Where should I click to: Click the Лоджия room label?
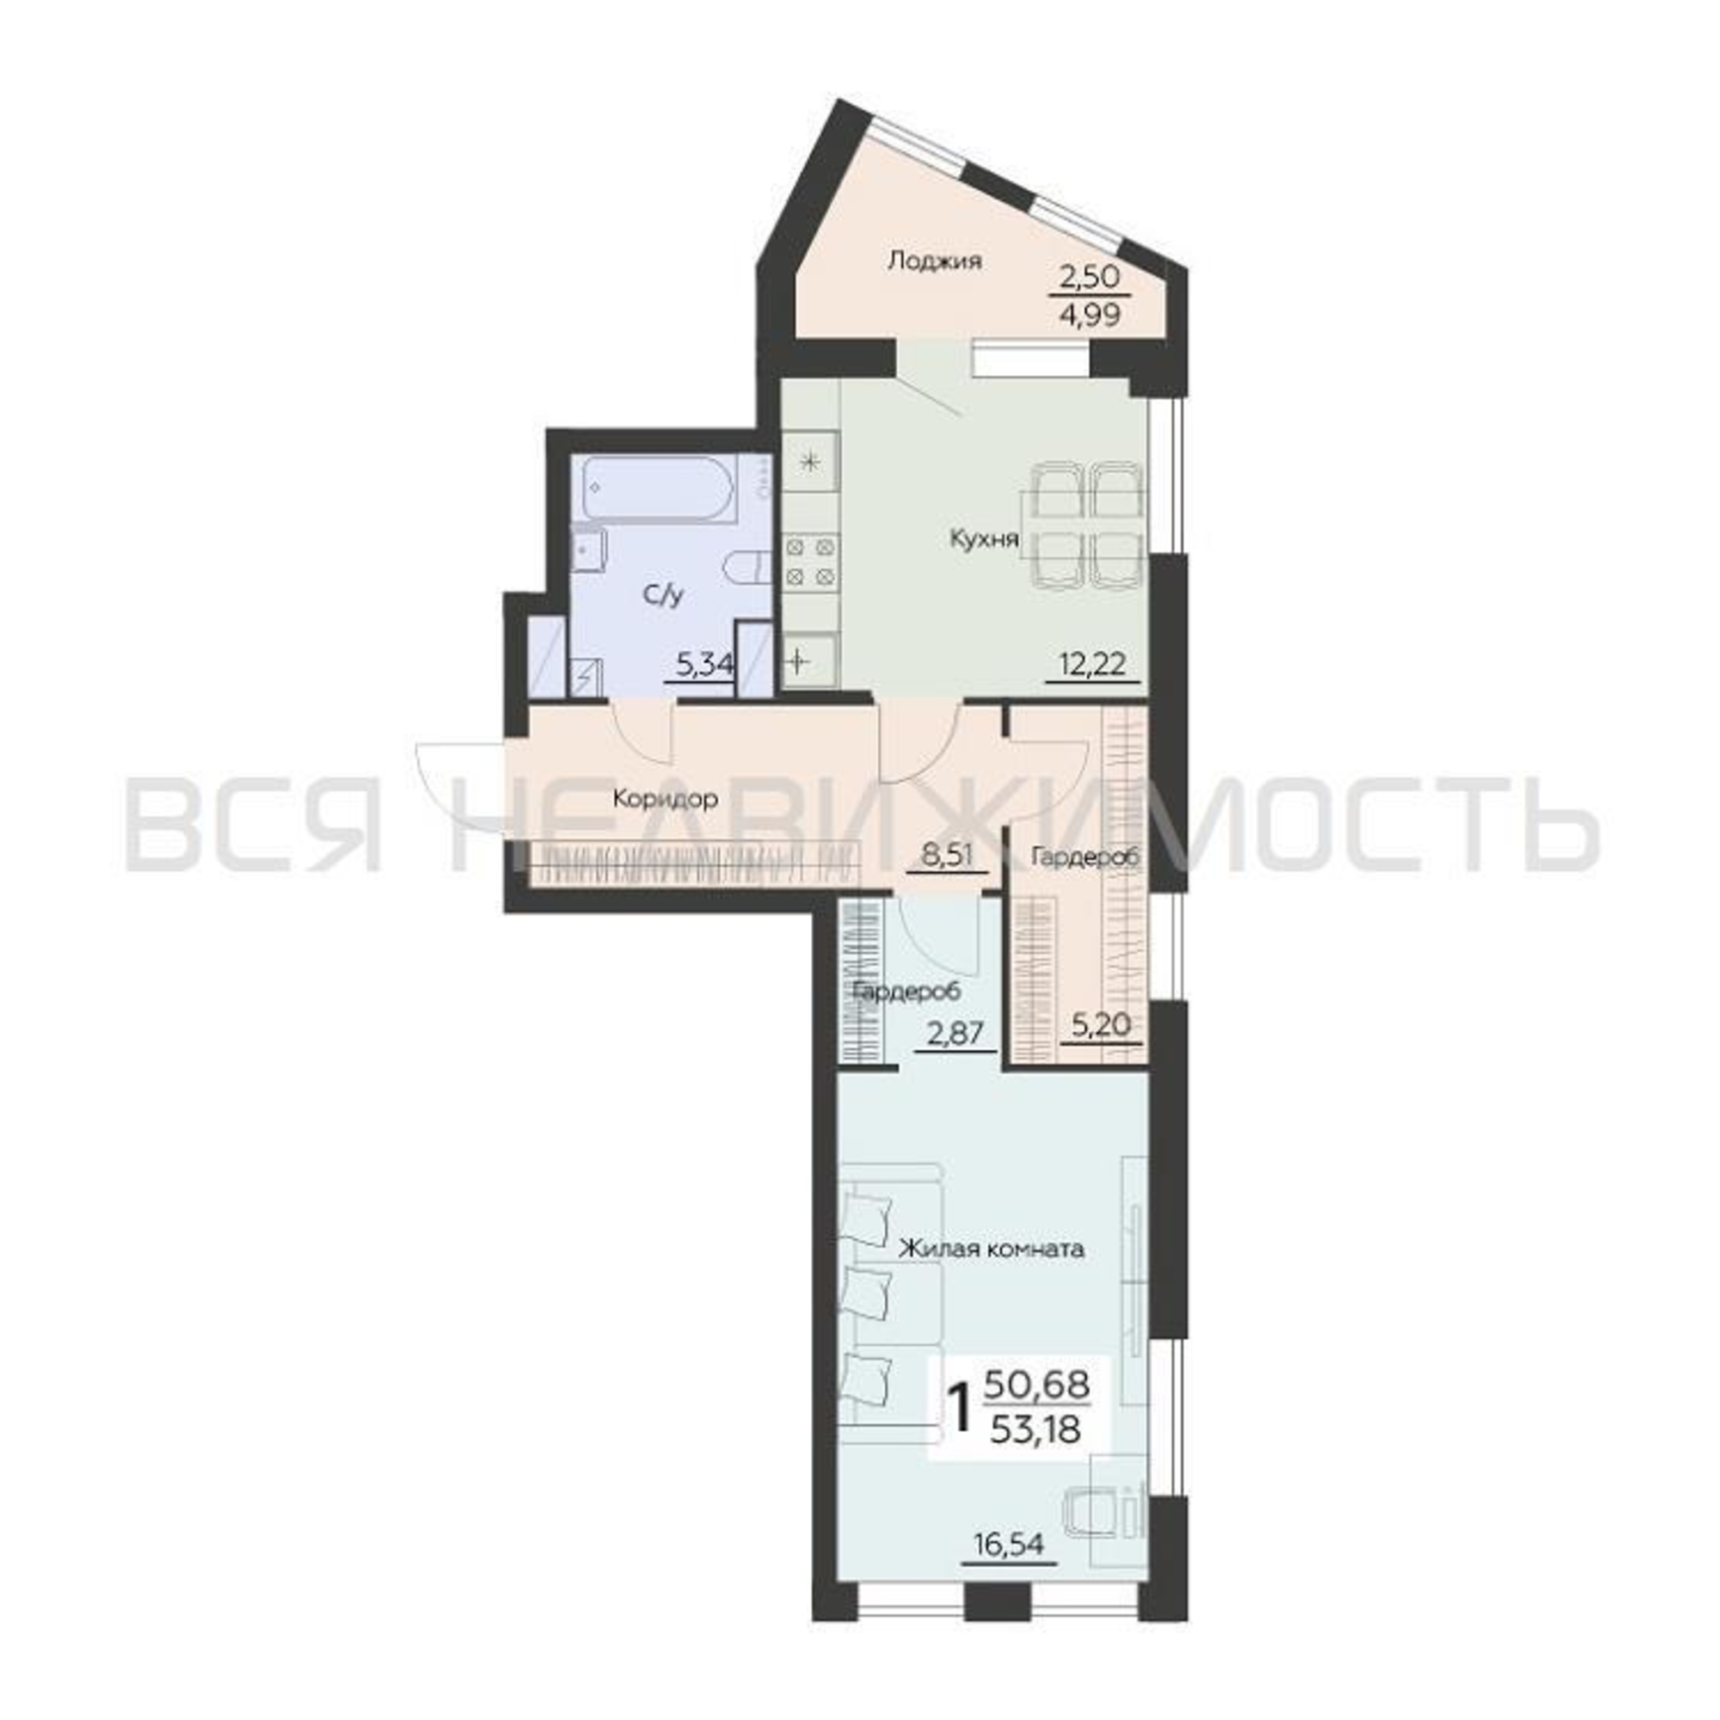coord(935,261)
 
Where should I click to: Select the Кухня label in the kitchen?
coord(984,538)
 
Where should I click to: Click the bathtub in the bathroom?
coord(659,488)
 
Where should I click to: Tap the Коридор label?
coord(665,800)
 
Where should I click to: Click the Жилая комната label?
coord(991,1249)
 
